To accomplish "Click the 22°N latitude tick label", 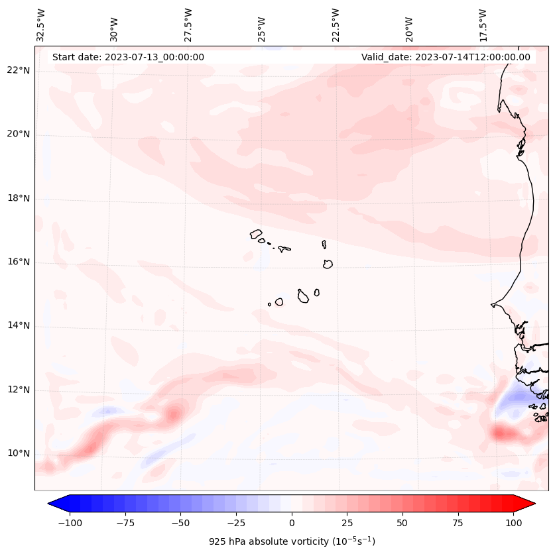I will tap(18, 71).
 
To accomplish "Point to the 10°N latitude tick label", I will tap(18, 454).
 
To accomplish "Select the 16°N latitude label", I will tap(18, 262).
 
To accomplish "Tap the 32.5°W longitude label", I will tap(41, 25).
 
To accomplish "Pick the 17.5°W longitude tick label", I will tap(483, 25).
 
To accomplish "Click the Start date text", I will tap(128, 57).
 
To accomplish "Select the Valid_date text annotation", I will tap(446, 57).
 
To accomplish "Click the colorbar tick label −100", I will tap(70, 523).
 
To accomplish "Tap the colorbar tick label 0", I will tap(292, 523).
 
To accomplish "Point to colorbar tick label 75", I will tap(458, 523).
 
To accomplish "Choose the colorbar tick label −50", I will tap(180, 523).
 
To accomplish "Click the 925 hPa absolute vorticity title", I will tap(292, 541).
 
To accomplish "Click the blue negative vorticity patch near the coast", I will tap(515, 400).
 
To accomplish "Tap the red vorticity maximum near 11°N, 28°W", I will tap(174, 414).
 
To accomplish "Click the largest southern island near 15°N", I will tap(303, 296).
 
